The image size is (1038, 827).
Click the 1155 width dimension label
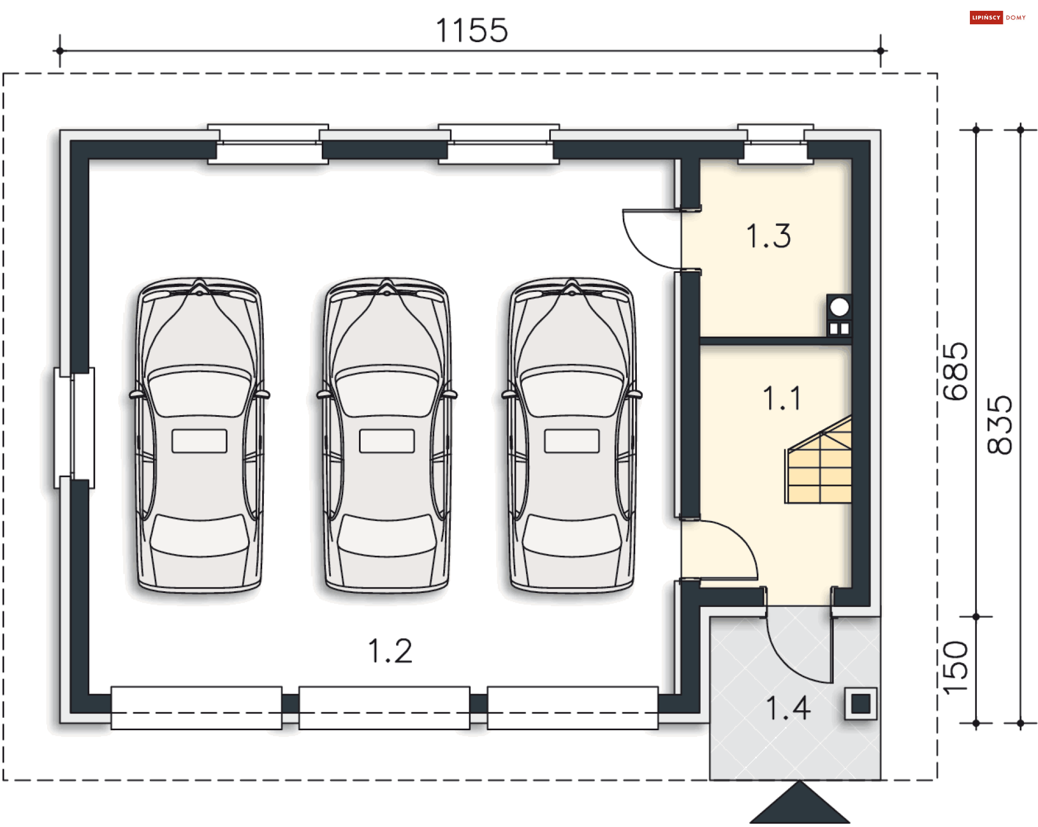[471, 30]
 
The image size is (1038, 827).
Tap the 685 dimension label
[955, 372]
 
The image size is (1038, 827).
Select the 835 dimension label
[999, 425]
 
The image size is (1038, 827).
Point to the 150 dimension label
[955, 668]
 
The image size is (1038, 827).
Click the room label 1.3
[768, 236]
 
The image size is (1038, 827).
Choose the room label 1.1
[782, 398]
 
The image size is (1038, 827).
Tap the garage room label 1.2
[390, 651]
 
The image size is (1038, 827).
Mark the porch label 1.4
[788, 708]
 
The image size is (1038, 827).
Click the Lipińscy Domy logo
[997, 17]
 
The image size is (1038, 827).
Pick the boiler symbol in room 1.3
[839, 316]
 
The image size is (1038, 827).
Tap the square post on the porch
[861, 704]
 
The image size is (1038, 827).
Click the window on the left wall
[74, 428]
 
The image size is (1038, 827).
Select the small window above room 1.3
[775, 143]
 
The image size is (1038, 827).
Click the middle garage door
[384, 708]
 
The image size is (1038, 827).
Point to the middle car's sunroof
[387, 441]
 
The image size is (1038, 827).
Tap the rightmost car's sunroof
[572, 441]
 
